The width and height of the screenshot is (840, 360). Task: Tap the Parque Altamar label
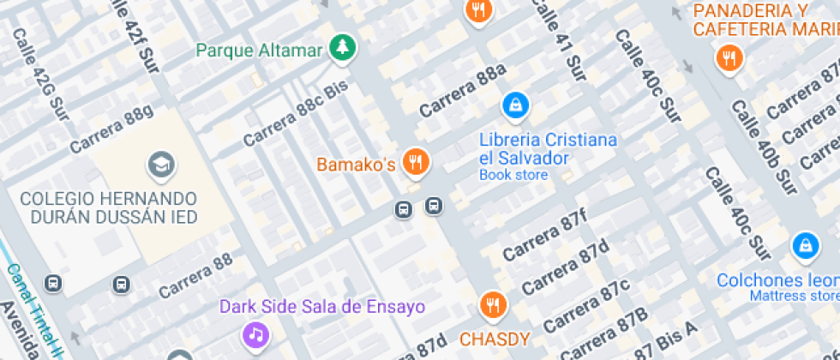coord(259,50)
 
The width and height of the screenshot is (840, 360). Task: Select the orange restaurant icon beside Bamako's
coord(417,161)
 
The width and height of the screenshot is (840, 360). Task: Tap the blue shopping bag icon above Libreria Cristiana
coord(515,105)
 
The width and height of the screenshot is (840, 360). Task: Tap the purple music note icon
coord(255,334)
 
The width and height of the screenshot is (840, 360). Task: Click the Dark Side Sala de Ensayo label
coord(322,307)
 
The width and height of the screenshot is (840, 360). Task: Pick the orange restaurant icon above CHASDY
coord(493,304)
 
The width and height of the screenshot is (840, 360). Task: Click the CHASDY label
coord(495,338)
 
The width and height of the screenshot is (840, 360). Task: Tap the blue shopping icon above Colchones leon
coord(805,246)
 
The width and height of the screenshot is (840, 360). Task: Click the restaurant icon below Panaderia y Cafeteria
coord(729,58)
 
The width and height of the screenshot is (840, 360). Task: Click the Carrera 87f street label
coord(545,235)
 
